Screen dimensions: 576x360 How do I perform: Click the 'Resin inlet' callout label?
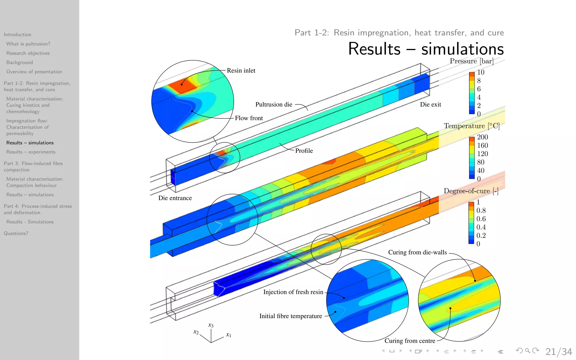pyautogui.click(x=241, y=71)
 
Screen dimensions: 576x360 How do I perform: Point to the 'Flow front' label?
pyautogui.click(x=249, y=118)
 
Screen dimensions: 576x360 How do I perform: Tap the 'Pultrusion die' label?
pyautogui.click(x=274, y=105)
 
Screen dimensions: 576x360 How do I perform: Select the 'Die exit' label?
pyautogui.click(x=430, y=105)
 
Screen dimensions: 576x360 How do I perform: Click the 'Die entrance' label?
pyautogui.click(x=175, y=198)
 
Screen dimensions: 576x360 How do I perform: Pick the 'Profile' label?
pyautogui.click(x=304, y=151)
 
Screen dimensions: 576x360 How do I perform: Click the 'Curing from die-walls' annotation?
pyautogui.click(x=417, y=252)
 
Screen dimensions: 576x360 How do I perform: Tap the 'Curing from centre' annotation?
pyautogui.click(x=410, y=341)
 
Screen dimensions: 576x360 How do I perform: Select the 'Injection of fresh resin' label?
pyautogui.click(x=293, y=292)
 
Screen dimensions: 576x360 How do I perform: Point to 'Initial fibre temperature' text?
pyautogui.click(x=291, y=316)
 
